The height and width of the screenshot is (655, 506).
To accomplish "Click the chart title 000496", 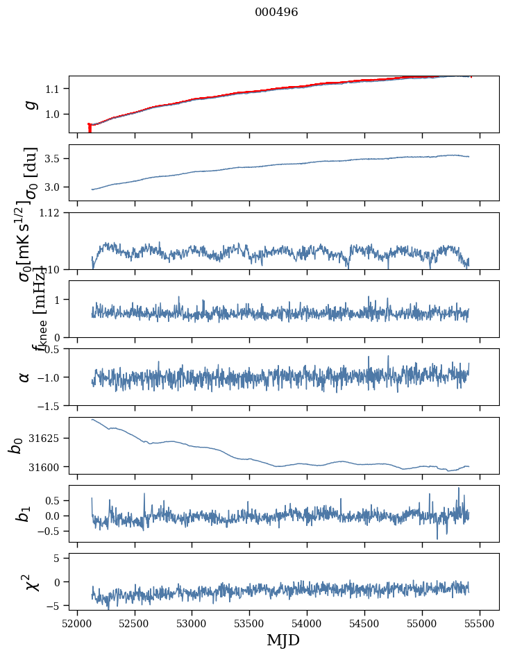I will [x=276, y=12].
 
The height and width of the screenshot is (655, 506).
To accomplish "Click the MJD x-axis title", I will [x=283, y=640].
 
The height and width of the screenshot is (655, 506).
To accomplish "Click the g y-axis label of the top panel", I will [x=30, y=104].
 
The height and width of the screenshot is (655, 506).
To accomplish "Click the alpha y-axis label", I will [x=25, y=377].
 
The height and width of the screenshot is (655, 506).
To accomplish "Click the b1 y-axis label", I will [x=25, y=513].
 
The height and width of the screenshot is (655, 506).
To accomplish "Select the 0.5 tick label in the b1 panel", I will [x=56, y=500].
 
